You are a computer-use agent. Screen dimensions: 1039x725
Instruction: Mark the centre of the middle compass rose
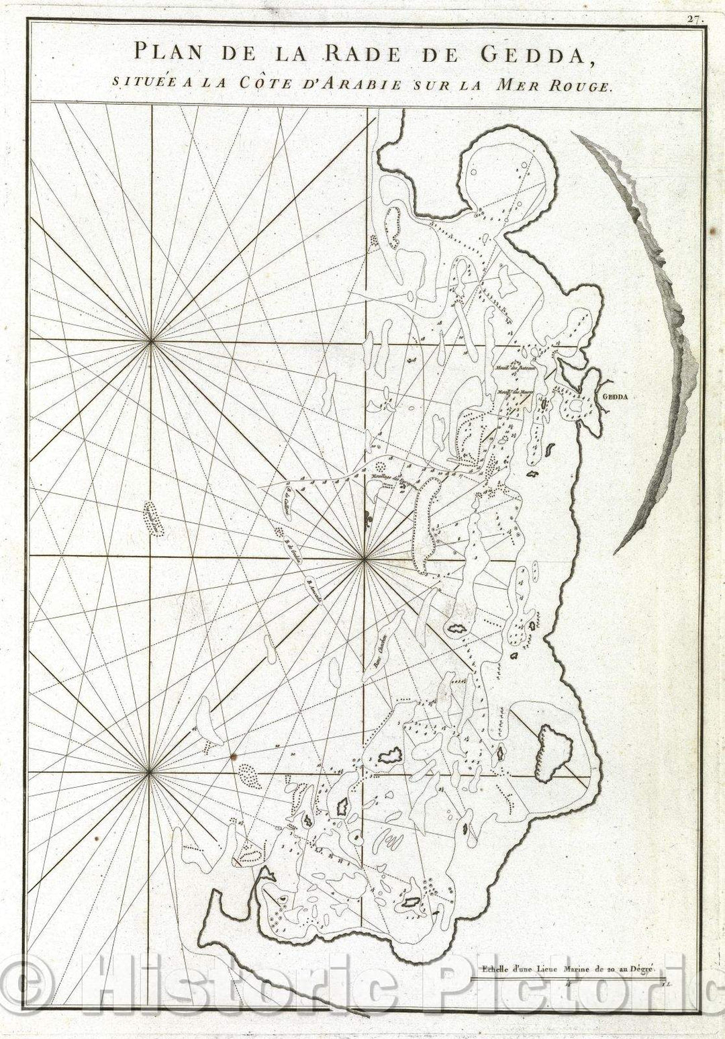point(363,558)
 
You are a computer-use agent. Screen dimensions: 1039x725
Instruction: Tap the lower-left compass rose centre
point(148,774)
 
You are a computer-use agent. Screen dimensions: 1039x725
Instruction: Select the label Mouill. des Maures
point(514,394)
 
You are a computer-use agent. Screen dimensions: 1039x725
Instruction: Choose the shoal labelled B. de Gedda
point(291,551)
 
